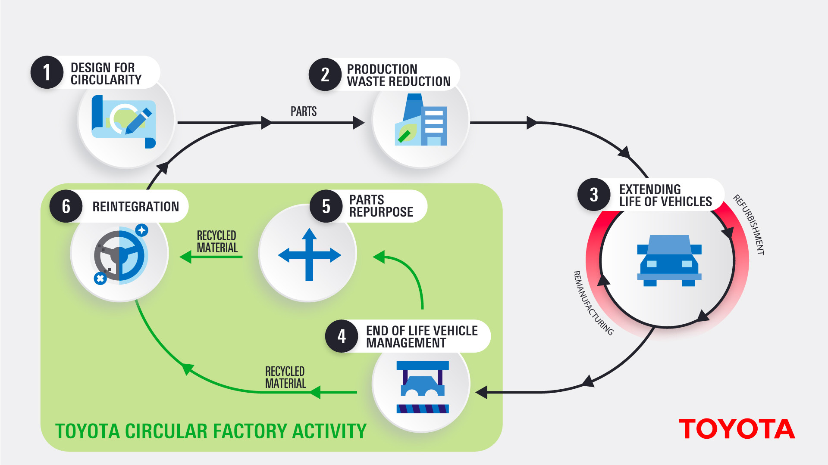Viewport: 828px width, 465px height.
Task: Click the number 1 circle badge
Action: tap(47, 72)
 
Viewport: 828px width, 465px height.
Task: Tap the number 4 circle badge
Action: tap(342, 336)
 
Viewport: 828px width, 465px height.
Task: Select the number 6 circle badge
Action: tap(66, 206)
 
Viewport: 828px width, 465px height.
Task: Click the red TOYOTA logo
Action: tap(737, 429)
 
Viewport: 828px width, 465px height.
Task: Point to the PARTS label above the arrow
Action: tap(304, 112)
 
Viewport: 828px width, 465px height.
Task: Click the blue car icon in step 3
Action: tap(669, 260)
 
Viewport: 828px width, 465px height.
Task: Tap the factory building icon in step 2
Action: tap(421, 120)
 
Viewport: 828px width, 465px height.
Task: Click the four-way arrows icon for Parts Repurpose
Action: tap(309, 255)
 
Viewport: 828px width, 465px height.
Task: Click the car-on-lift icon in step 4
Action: tap(423, 387)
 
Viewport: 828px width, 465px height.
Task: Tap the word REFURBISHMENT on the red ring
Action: tap(750, 224)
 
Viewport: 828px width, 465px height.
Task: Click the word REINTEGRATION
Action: tap(135, 207)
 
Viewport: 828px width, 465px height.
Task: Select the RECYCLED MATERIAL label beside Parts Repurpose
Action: tap(217, 242)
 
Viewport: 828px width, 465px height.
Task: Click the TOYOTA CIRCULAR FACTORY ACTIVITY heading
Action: tap(211, 431)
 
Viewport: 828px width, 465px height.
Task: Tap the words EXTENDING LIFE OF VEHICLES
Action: tap(665, 195)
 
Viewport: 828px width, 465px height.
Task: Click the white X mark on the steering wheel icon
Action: tap(100, 279)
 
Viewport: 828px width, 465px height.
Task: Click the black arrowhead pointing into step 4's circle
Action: tap(481, 392)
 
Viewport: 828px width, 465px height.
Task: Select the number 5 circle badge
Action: tap(326, 206)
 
